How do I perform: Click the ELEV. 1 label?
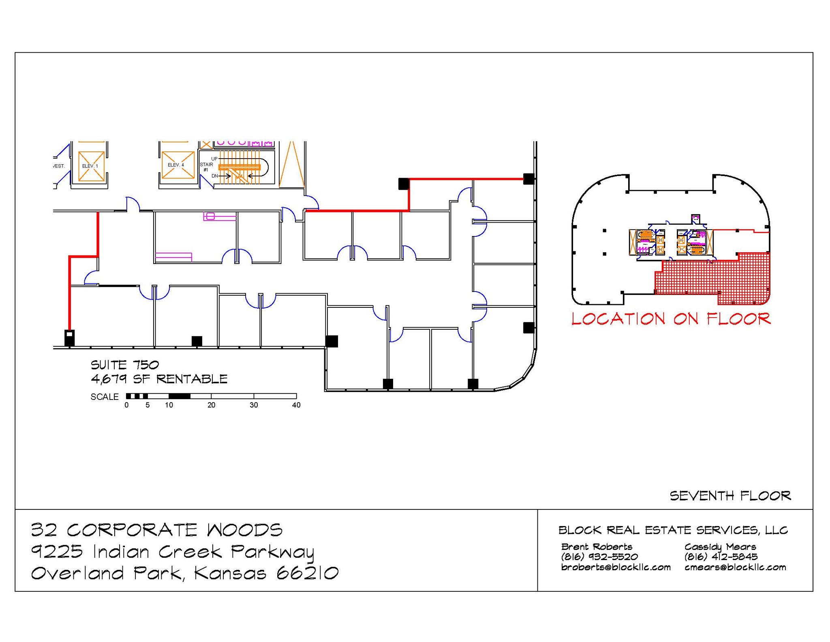(90, 166)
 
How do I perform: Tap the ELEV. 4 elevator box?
(178, 165)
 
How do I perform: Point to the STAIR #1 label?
(206, 167)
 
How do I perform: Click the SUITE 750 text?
(125, 365)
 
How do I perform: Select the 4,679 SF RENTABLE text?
(159, 379)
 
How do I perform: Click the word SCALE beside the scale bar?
(105, 397)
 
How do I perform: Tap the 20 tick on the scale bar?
(211, 405)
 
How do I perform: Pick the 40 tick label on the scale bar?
(296, 405)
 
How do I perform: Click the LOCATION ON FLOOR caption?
(671, 319)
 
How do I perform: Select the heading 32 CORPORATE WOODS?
(157, 530)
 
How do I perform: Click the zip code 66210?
(308, 573)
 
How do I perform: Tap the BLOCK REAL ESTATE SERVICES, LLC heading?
(673, 530)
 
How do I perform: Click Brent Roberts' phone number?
(599, 557)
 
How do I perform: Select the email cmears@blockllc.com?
(735, 567)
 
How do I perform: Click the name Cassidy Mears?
(720, 547)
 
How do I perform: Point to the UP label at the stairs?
(214, 159)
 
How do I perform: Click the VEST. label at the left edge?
(59, 166)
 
